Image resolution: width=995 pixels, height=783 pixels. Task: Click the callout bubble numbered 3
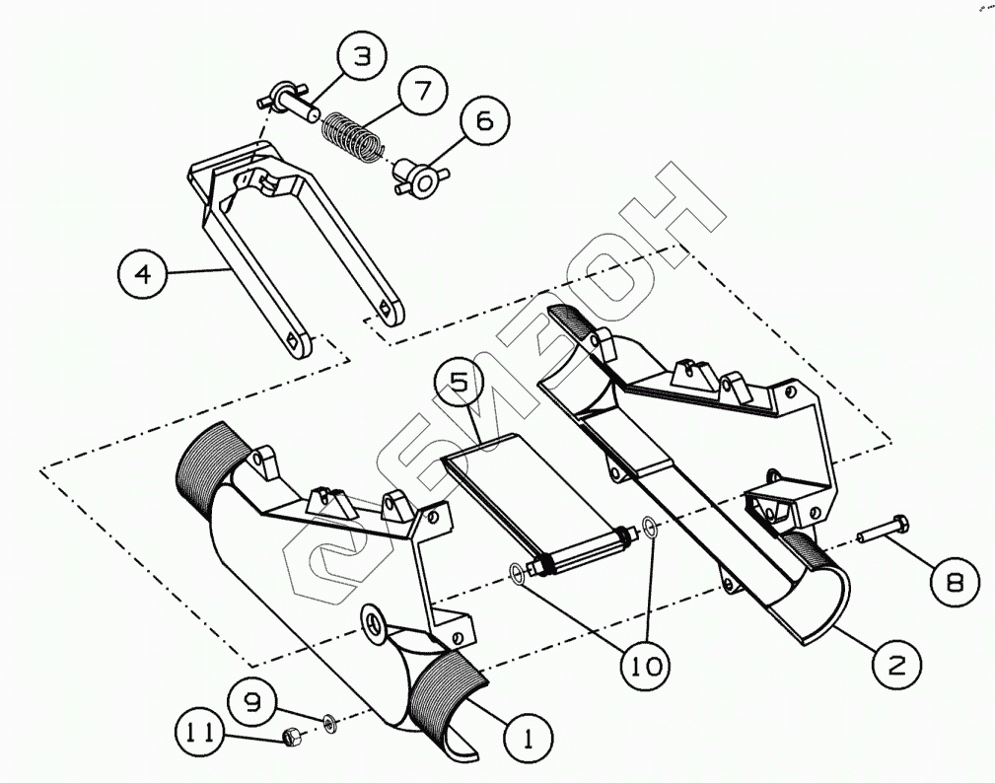point(363,58)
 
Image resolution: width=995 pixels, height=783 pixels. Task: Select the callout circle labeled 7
point(422,92)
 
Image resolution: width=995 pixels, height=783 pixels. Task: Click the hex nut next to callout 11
point(292,735)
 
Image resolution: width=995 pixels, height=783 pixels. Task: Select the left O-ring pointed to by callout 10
point(517,571)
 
